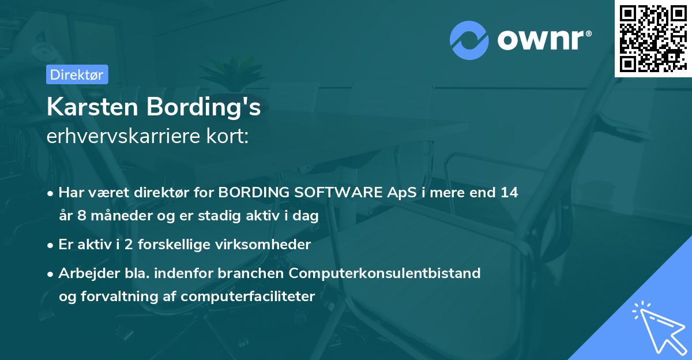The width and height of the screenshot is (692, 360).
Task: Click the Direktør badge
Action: tap(77, 74)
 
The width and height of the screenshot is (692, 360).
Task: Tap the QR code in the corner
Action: tap(653, 38)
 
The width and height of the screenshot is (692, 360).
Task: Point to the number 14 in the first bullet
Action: tap(509, 193)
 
